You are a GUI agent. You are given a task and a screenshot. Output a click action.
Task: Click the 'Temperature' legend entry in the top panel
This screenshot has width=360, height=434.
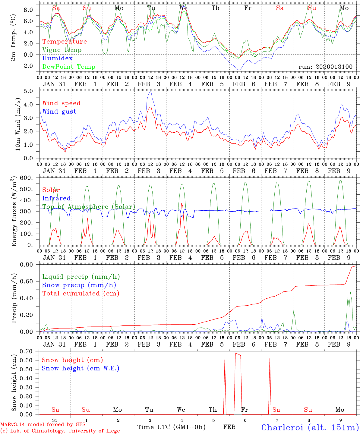click(x=65, y=42)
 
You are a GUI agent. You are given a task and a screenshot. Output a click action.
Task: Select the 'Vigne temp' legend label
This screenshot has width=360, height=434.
click(x=62, y=50)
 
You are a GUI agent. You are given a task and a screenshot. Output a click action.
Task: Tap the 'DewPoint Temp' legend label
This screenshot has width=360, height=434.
click(x=69, y=67)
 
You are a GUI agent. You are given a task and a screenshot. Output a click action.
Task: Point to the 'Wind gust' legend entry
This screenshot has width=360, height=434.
click(x=59, y=112)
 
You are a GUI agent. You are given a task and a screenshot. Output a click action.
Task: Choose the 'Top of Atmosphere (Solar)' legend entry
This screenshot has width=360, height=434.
click(x=89, y=207)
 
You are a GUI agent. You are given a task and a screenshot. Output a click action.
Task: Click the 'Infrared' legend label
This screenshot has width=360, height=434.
click(x=56, y=198)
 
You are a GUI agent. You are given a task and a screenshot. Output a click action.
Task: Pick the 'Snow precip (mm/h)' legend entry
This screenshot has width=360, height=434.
click(x=79, y=285)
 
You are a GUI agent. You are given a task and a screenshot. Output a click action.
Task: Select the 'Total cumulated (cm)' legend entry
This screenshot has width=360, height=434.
click(x=81, y=294)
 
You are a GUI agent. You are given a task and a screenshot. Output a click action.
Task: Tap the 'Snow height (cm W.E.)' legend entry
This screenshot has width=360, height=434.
click(x=81, y=368)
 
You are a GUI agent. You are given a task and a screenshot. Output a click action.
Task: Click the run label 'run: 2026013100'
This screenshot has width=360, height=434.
click(x=326, y=67)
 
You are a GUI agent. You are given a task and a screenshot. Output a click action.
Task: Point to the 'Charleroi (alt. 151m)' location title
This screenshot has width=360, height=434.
click(x=310, y=427)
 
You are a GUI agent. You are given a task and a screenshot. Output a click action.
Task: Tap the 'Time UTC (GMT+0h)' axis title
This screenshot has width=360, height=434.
click(x=171, y=427)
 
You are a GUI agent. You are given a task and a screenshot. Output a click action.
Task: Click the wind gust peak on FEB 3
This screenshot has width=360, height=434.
click(x=151, y=92)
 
